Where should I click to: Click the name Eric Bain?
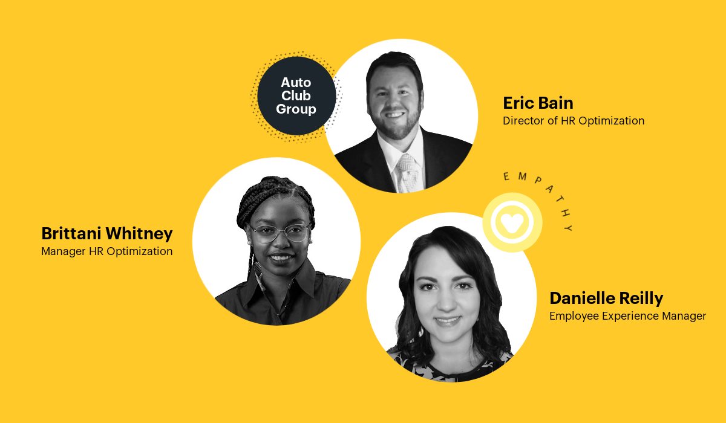pos(538,103)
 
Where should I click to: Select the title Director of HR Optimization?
pos(574,121)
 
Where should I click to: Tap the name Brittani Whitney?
pos(107,234)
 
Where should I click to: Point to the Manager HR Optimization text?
pos(107,251)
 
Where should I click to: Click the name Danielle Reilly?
pos(606,299)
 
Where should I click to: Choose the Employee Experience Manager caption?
pos(627,316)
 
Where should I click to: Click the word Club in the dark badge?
pos(296,96)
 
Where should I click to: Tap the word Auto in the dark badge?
pos(296,83)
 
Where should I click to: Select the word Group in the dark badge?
pos(296,109)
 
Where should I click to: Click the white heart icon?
pos(512,222)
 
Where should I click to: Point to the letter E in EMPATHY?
pos(506,176)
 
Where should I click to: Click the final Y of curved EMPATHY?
pos(569,228)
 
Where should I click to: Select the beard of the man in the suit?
pos(396,124)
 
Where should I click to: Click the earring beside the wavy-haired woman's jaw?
pos(421,331)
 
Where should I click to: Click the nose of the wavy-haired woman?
pos(446,303)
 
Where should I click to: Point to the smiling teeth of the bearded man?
pos(394,115)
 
